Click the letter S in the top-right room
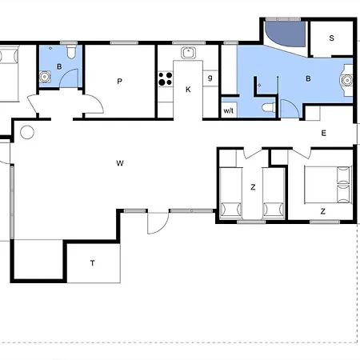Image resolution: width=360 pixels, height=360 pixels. point(331,38)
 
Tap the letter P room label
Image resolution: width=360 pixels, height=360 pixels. point(120,82)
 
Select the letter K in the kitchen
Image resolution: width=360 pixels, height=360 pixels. point(188,90)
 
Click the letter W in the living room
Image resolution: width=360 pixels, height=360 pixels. point(120,163)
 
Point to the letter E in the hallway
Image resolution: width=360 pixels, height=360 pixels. point(324,133)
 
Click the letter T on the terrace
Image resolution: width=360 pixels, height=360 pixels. point(92,263)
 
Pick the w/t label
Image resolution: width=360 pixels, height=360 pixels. point(228,110)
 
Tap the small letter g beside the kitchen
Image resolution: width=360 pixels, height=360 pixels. point(210,78)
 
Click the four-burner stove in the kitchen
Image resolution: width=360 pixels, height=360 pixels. point(166,79)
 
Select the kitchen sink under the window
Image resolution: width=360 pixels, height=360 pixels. point(188,53)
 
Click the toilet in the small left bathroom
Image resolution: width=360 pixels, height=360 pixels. point(71,52)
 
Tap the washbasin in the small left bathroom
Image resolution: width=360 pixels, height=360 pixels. point(45,77)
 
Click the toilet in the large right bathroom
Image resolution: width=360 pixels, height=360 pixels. point(269,108)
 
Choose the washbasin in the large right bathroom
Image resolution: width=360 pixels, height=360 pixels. point(347,80)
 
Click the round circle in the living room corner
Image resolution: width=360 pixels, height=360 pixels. point(27,132)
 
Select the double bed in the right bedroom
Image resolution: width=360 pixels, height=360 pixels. point(327,185)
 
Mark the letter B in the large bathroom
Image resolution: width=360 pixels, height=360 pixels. point(308,78)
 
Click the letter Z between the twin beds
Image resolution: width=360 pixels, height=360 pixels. point(253,187)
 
